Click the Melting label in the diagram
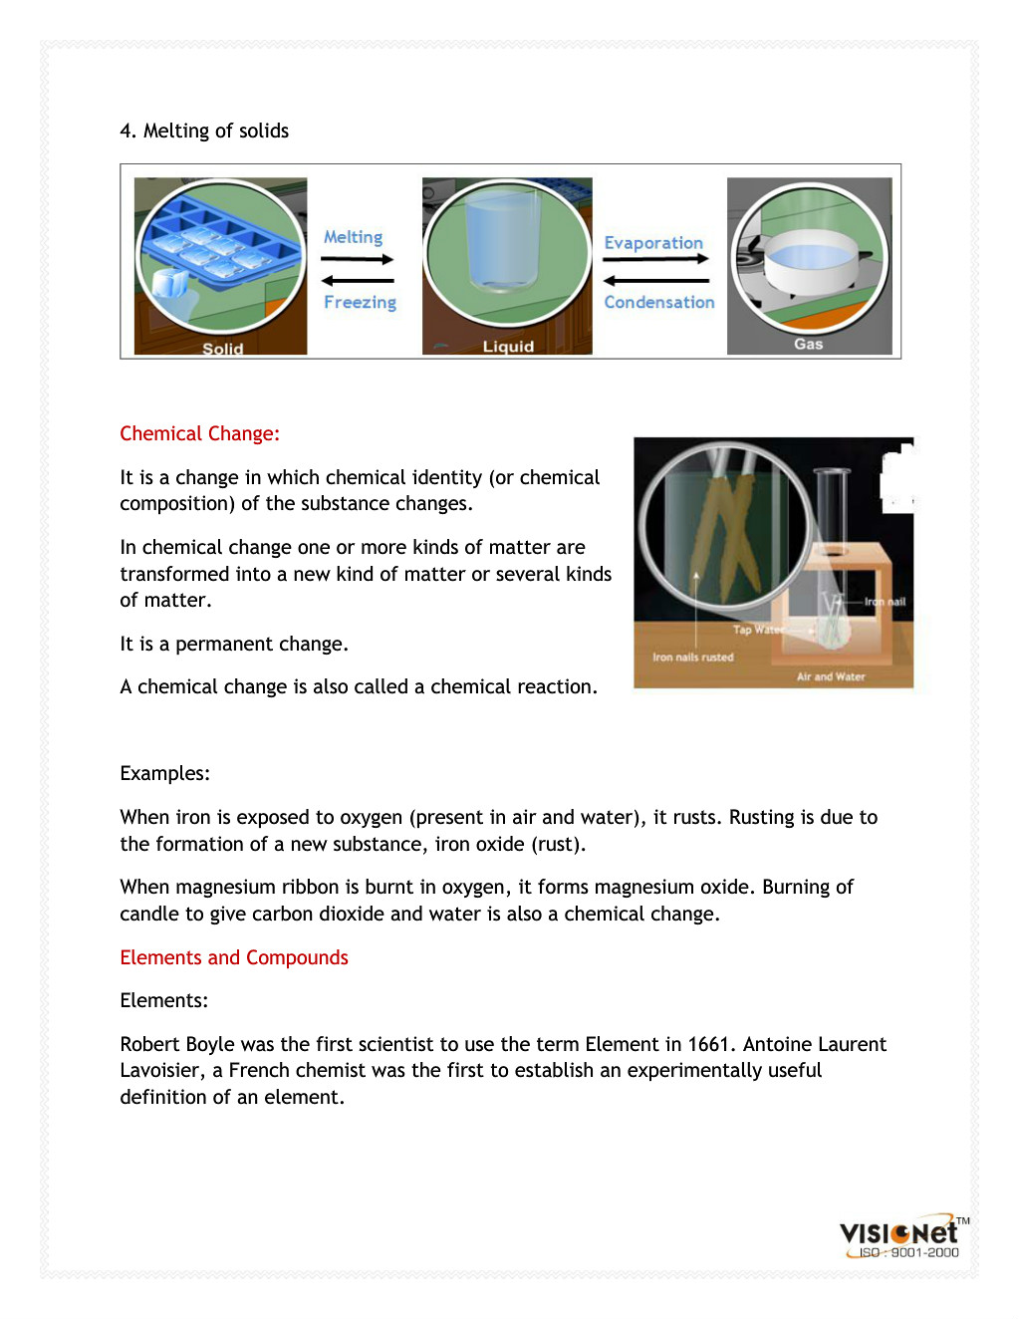353,237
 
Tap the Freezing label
360,302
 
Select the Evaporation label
653,243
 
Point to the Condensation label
659,302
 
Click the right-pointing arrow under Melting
358,259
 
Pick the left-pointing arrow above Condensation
655,281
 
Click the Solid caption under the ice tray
222,349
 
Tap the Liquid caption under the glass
508,347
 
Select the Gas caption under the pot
808,344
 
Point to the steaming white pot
809,265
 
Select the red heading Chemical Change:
199,433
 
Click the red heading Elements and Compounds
234,957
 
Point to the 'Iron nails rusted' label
693,658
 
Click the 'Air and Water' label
831,676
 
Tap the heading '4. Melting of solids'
204,131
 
